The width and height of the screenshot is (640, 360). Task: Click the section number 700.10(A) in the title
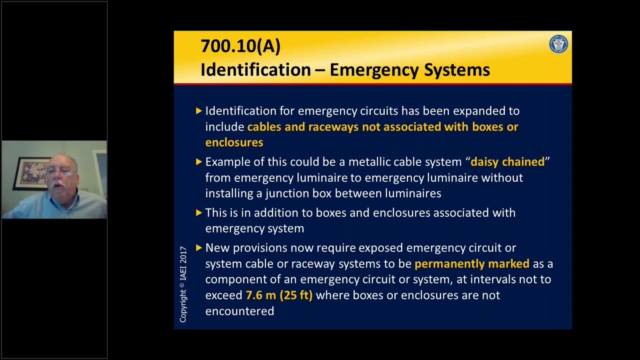click(240, 46)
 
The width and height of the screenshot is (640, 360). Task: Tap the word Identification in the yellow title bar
click(255, 70)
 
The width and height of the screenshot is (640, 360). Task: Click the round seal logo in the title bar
click(558, 44)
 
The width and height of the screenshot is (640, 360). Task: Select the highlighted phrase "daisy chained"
click(507, 162)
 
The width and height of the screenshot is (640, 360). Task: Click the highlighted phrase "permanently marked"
click(471, 263)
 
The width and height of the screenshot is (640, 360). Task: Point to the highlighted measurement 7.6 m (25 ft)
click(279, 295)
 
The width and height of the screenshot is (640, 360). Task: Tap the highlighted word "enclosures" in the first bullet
click(234, 142)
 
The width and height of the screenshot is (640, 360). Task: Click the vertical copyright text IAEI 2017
click(183, 283)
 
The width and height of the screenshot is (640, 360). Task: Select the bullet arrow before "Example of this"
click(199, 161)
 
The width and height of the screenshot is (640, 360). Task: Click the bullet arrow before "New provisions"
click(199, 247)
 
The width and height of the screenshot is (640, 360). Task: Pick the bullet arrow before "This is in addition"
click(199, 212)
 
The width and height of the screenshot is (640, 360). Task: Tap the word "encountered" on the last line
click(239, 311)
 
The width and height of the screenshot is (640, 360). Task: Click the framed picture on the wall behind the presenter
click(30, 173)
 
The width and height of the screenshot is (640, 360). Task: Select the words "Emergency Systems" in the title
click(409, 70)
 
